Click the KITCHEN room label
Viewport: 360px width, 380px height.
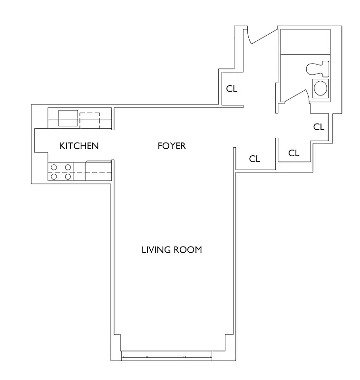pos(79,146)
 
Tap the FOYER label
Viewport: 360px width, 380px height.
pos(172,146)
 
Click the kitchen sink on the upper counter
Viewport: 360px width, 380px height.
pos(68,118)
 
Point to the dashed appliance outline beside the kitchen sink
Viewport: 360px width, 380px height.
pos(89,119)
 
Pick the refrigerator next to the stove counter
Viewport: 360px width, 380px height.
pos(98,171)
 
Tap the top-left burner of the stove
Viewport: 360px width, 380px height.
pos(54,167)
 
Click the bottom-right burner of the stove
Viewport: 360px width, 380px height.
pos(68,176)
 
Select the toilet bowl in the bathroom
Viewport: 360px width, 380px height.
pos(314,69)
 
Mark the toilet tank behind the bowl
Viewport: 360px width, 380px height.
pos(326,69)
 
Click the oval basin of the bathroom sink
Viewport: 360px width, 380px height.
pos(320,88)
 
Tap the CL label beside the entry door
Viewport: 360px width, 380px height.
pos(232,89)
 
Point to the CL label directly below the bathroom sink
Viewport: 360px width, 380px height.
pos(319,127)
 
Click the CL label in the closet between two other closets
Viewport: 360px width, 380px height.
pos(294,153)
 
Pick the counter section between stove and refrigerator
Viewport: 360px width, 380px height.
pos(79,171)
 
